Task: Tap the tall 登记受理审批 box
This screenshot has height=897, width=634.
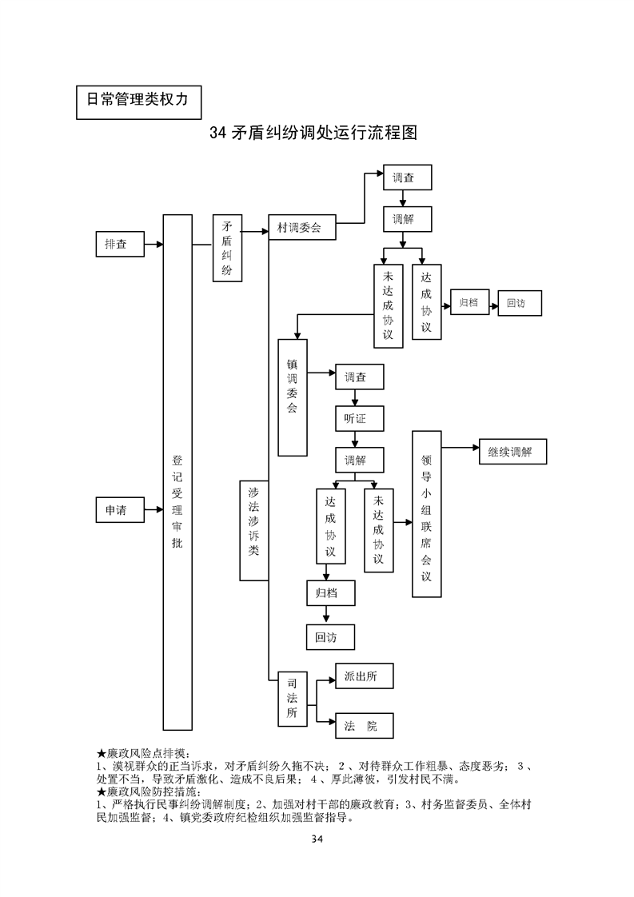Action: (x=177, y=472)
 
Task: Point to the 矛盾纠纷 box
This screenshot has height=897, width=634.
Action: (x=227, y=248)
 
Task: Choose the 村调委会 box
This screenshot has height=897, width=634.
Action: (x=302, y=228)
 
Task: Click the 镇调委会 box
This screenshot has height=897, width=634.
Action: (x=293, y=397)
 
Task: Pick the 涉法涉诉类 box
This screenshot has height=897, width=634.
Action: (x=253, y=530)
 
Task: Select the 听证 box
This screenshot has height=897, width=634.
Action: (x=358, y=418)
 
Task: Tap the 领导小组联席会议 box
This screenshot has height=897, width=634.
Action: (x=426, y=513)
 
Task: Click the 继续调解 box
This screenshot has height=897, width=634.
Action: (x=512, y=452)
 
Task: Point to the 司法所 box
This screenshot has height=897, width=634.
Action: (x=293, y=699)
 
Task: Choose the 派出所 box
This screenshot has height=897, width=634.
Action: (x=363, y=676)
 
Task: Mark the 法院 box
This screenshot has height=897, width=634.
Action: (x=363, y=725)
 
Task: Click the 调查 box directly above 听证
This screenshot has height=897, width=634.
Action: (x=358, y=377)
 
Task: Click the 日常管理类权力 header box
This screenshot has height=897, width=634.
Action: (x=138, y=101)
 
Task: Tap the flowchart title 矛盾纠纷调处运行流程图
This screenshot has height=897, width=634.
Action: (x=313, y=133)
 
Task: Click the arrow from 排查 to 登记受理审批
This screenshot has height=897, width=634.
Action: (x=154, y=244)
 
